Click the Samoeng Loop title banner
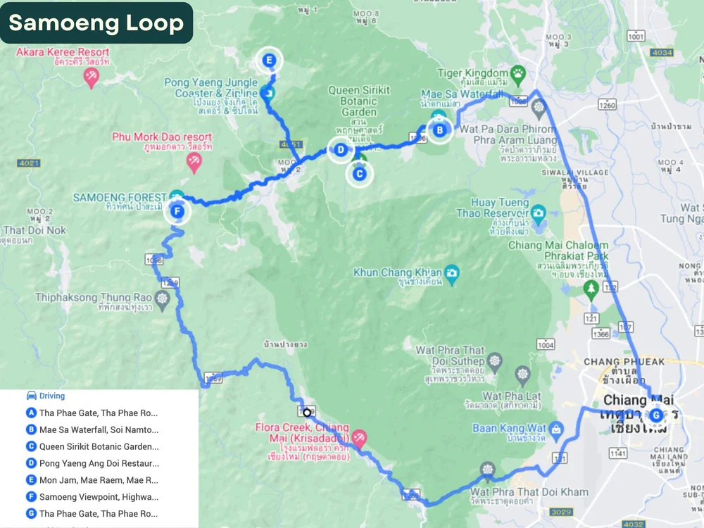tap(96, 23)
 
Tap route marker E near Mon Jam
tap(270, 61)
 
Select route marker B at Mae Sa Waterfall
tap(440, 130)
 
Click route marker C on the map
tap(359, 173)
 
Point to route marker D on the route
tap(341, 149)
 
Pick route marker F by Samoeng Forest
tap(177, 210)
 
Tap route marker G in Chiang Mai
tap(656, 415)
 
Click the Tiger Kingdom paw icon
tap(518, 73)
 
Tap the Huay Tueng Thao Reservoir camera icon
tap(539, 211)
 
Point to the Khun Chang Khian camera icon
tap(452, 272)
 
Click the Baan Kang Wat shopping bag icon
tap(556, 427)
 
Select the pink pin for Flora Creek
tap(359, 438)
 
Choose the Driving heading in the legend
tap(51, 396)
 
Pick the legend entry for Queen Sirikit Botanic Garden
tap(99, 446)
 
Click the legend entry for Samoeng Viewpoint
tap(99, 497)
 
